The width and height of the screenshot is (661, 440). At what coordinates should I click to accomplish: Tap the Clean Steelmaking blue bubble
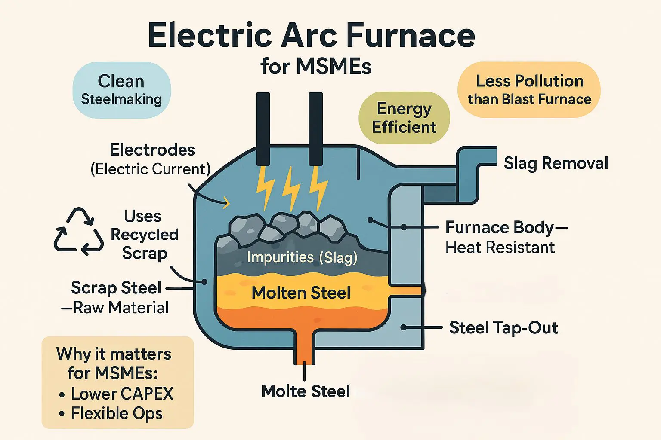[x=122, y=90]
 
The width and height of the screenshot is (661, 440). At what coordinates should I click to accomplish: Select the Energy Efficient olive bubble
[x=404, y=118]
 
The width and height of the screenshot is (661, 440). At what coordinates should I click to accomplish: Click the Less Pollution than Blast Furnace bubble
[x=529, y=90]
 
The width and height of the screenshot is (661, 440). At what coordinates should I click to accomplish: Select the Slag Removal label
[x=556, y=163]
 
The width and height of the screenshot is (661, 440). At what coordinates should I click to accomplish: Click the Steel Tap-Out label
[x=503, y=328]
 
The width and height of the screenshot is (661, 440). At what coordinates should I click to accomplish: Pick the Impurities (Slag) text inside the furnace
[x=302, y=257]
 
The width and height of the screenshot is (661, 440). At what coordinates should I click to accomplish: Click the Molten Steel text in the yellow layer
[x=301, y=293]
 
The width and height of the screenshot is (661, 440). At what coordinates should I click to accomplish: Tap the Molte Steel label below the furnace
[x=306, y=391]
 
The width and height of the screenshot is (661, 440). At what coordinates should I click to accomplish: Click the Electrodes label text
[x=152, y=150]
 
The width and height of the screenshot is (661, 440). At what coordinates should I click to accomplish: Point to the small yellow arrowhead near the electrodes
[x=225, y=203]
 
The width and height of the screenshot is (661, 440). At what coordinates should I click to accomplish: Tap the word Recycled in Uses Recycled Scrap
[x=144, y=235]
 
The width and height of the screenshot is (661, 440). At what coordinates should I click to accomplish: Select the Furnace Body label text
[x=500, y=227]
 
